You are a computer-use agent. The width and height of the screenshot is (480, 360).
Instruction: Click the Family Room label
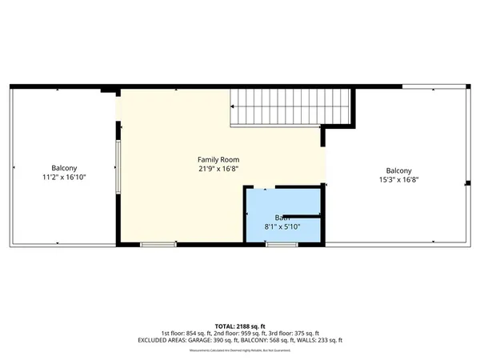tap(218, 160)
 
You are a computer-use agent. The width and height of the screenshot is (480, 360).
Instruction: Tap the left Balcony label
tap(64, 167)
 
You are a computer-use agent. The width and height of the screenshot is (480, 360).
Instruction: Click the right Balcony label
tap(398, 170)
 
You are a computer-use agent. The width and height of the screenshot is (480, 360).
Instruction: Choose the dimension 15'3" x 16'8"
tap(398, 180)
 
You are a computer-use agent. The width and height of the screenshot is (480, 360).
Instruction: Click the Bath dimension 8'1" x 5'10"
tap(282, 227)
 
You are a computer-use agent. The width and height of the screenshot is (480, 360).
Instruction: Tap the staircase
tap(292, 108)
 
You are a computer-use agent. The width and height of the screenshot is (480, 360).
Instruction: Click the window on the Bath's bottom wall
tap(278, 244)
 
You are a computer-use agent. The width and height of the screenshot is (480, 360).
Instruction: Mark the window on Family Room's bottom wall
tap(153, 244)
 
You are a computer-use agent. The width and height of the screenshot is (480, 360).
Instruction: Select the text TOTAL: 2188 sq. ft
tap(239, 326)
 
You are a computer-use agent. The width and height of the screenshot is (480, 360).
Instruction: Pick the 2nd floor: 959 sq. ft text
tap(239, 333)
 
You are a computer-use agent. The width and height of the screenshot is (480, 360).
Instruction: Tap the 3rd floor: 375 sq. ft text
tap(297, 333)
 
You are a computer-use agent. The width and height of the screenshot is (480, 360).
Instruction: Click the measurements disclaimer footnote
tap(239, 350)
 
